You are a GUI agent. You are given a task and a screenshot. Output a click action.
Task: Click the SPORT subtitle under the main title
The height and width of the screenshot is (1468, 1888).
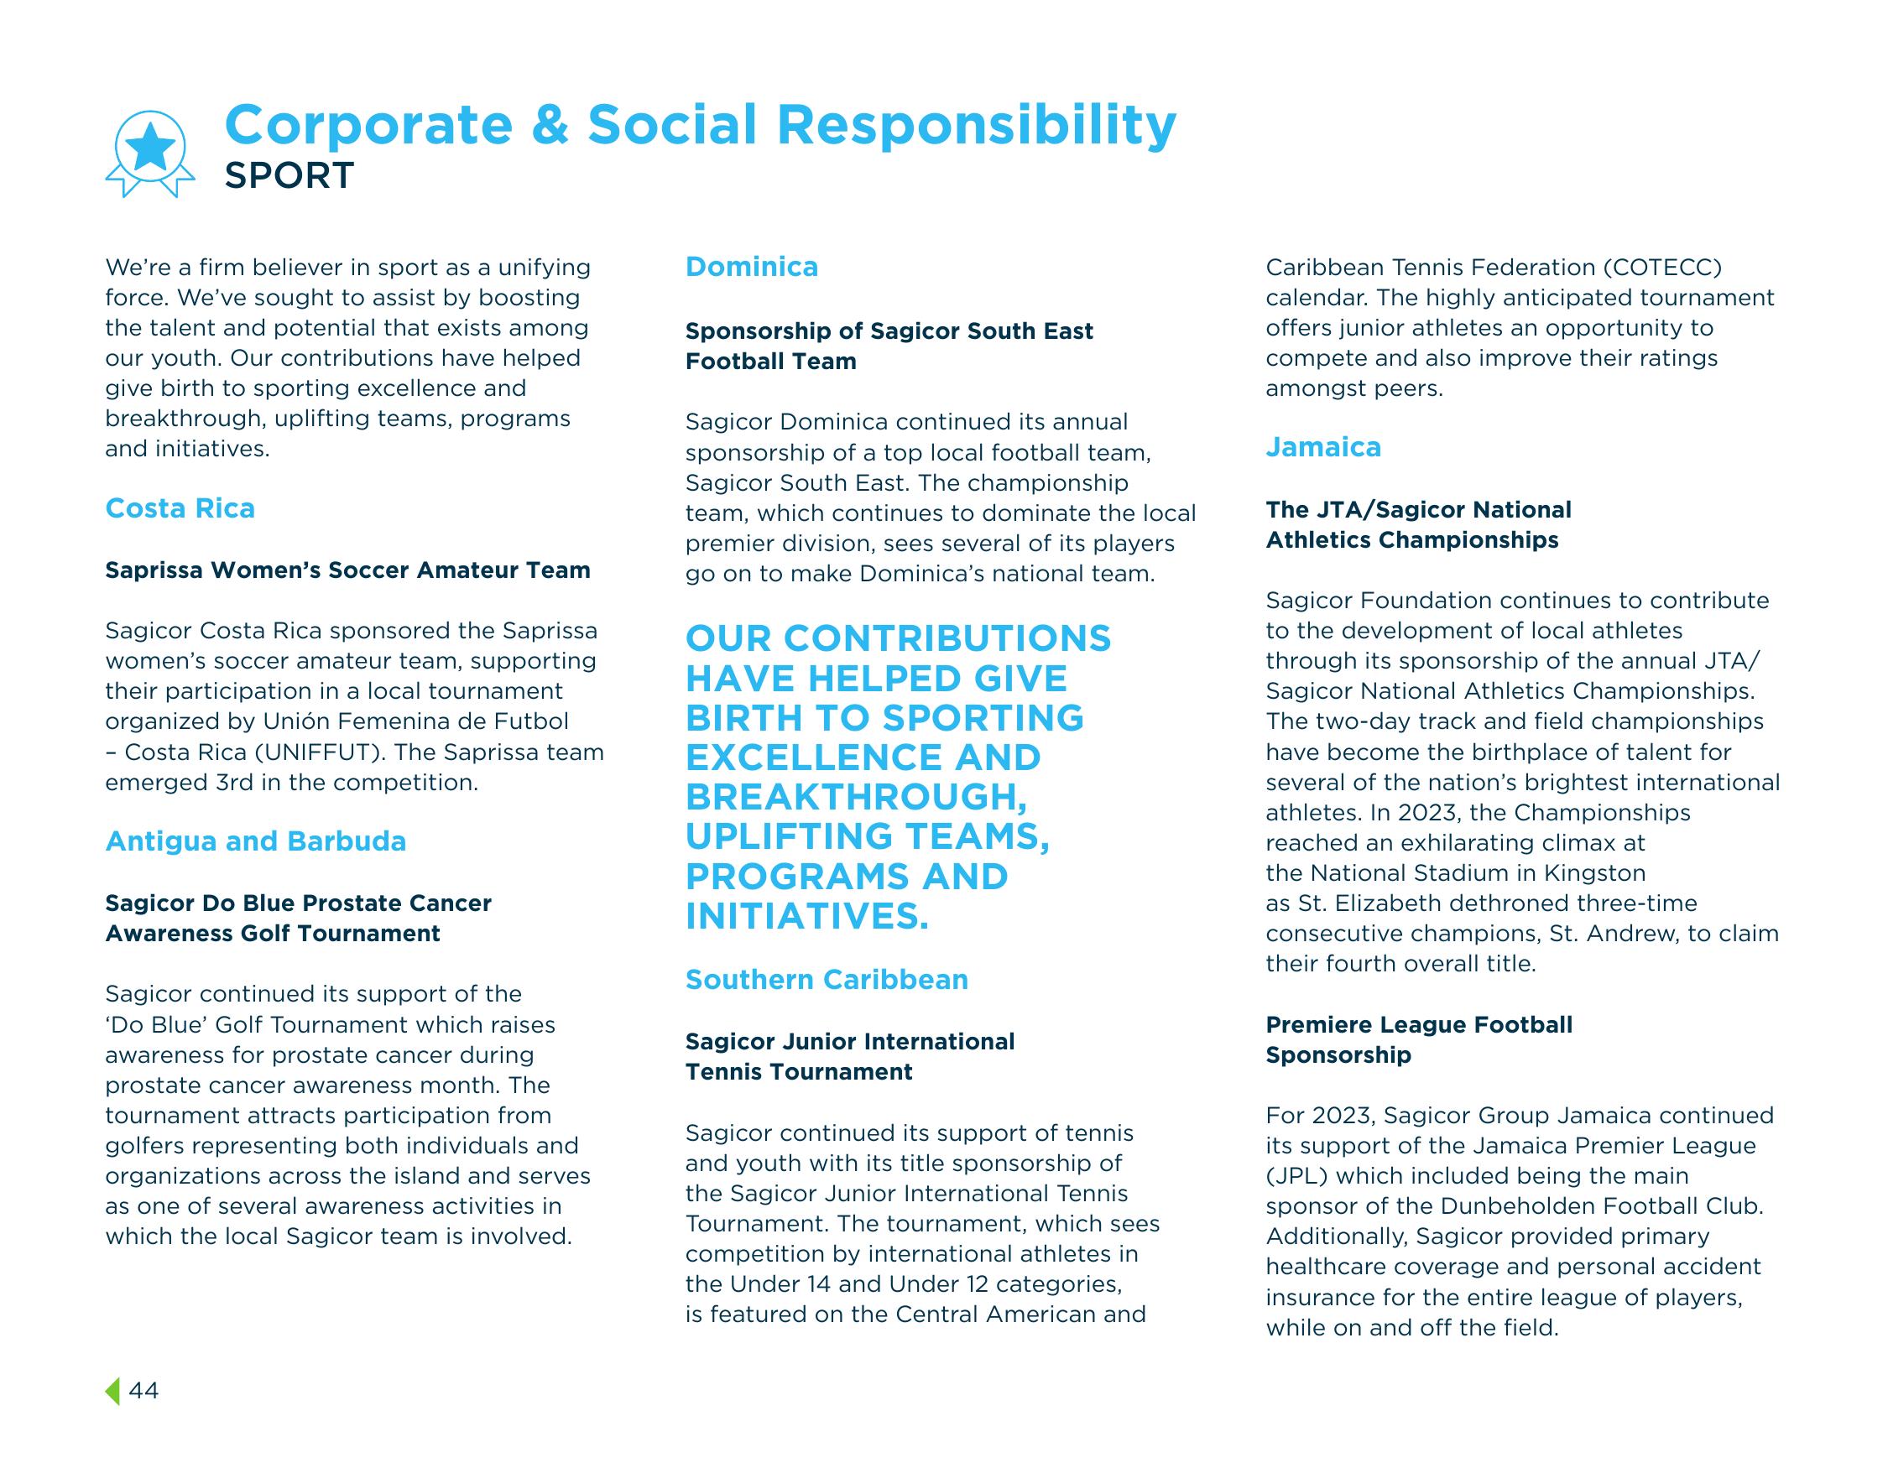pyautogui.click(x=289, y=175)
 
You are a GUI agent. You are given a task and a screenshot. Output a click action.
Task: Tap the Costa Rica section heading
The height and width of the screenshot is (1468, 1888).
pyautogui.click(x=180, y=508)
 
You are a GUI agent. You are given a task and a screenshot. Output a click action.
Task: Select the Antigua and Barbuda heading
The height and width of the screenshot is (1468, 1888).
pyautogui.click(x=255, y=841)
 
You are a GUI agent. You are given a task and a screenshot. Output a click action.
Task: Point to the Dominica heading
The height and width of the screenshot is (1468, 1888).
pyautogui.click(x=751, y=267)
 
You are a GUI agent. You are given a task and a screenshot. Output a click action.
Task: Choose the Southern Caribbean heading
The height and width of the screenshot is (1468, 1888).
pyautogui.click(x=827, y=979)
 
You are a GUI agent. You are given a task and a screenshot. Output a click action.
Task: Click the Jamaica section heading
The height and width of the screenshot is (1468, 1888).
pyautogui.click(x=1322, y=447)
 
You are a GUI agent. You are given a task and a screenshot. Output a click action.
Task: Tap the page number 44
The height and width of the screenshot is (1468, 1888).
pyautogui.click(x=143, y=1390)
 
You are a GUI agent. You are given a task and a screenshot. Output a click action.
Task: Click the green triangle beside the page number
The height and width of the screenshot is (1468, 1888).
pyautogui.click(x=113, y=1390)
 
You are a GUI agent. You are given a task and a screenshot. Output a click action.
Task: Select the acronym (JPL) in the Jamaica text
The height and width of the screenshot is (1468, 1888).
pyautogui.click(x=1294, y=1176)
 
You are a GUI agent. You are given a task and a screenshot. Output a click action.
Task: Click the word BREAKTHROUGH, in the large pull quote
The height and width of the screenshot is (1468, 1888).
pyautogui.click(x=857, y=797)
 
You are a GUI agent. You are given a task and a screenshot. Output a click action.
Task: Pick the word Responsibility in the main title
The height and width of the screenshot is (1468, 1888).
pyautogui.click(x=976, y=124)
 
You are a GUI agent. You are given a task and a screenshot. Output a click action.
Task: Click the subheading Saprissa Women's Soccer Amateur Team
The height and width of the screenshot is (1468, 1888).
pyautogui.click(x=347, y=570)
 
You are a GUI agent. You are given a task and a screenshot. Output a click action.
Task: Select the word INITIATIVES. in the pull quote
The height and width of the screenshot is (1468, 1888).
pyautogui.click(x=806, y=916)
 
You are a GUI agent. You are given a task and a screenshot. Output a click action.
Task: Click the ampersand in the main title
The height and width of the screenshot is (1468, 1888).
pyautogui.click(x=550, y=124)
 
